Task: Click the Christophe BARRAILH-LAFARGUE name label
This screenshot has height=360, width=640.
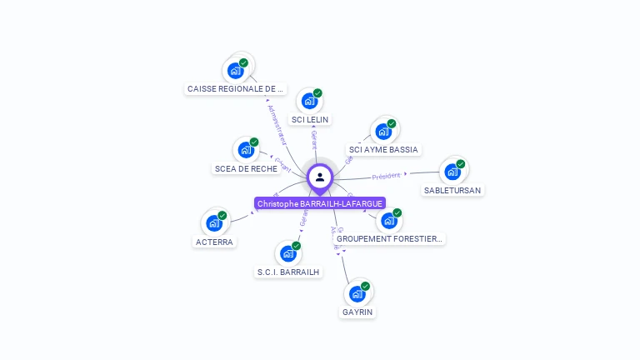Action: point(320,203)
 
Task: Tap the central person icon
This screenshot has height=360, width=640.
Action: point(320,177)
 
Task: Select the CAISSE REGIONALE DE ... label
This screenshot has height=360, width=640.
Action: point(235,88)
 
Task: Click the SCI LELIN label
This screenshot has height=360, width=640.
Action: point(310,119)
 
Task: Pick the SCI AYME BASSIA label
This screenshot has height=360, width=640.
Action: point(383,150)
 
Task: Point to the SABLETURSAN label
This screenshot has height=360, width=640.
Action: point(452,190)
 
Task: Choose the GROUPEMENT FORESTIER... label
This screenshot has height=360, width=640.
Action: point(390,238)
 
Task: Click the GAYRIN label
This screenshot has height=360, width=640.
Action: point(357,312)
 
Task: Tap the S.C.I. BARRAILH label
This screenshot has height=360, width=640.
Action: point(288,272)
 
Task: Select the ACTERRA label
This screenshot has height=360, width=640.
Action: point(214,242)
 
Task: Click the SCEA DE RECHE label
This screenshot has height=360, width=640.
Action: point(246,168)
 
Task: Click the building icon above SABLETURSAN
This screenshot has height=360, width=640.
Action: point(452,172)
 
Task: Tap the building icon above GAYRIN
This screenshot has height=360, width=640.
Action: point(357,293)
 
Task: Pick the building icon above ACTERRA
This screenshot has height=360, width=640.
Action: point(213,223)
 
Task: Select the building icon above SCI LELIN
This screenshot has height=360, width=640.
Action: point(309,102)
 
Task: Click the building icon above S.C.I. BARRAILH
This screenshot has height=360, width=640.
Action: point(288,253)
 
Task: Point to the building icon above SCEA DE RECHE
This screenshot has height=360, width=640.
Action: point(245,150)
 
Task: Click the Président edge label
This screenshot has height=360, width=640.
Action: point(387,176)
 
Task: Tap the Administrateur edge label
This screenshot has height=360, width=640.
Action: point(277,125)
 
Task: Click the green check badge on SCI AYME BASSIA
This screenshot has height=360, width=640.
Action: point(392,123)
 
